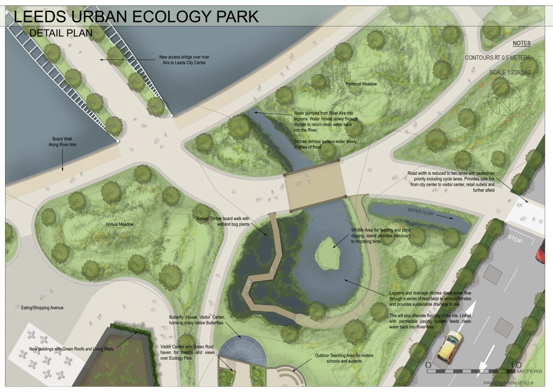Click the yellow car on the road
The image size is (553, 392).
tap(449, 346)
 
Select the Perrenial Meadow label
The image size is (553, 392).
tap(361, 84)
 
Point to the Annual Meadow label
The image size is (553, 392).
tap(119, 225)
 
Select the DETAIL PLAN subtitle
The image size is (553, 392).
tap(61, 33)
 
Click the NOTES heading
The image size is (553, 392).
tap(522, 43)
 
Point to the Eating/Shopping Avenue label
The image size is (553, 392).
tap(42, 308)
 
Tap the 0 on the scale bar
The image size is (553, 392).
tap(428, 365)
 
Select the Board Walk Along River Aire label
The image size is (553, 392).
tap(63, 142)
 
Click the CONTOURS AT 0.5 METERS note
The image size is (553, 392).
tap(497, 58)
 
